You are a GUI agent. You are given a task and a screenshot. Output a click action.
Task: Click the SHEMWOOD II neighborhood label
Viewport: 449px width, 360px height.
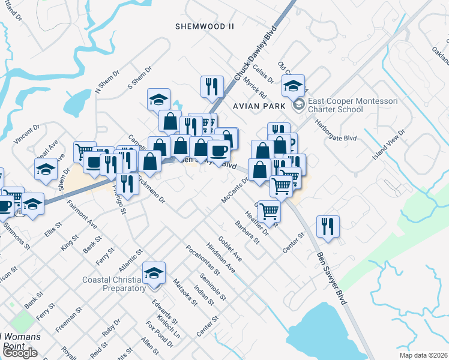point(204,26)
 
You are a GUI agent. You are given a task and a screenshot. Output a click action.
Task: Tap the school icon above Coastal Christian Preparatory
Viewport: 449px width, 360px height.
point(154,272)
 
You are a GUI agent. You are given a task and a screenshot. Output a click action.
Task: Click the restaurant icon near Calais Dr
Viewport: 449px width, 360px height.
point(211,86)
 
